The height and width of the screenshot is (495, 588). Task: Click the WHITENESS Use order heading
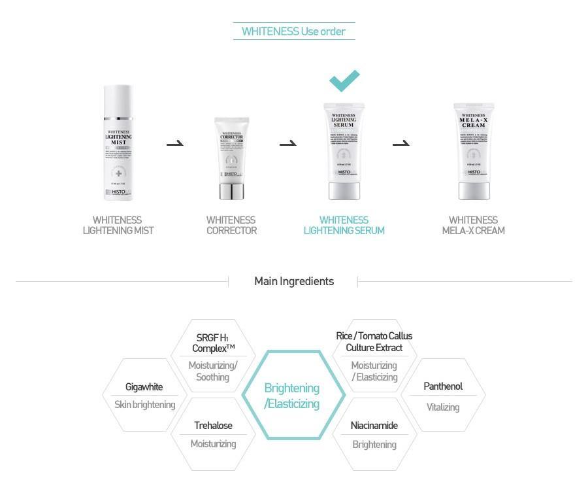[293, 31]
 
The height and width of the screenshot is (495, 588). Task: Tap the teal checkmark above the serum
[344, 80]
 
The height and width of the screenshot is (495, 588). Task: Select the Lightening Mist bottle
[118, 142]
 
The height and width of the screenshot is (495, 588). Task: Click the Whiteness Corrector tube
[231, 158]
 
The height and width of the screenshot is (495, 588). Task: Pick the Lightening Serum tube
[344, 150]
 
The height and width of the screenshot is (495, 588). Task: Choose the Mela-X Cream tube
[474, 150]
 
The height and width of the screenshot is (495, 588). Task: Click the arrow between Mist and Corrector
[174, 143]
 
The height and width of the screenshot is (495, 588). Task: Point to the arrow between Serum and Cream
[400, 143]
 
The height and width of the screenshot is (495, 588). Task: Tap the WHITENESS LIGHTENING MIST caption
[118, 225]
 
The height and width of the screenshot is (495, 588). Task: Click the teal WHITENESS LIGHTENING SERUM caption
[344, 225]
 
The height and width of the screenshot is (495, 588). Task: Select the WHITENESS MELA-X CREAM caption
[473, 225]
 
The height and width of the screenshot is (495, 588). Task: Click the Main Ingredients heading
[293, 281]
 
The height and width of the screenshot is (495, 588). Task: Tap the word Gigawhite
[144, 387]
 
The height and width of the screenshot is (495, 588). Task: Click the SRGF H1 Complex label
[212, 343]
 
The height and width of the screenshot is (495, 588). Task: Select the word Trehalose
[213, 426]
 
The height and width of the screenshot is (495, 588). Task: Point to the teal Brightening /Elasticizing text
[292, 396]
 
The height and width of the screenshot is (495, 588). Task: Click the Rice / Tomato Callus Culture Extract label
[374, 341]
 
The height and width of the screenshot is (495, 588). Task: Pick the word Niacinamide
[374, 426]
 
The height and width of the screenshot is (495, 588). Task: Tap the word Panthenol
[442, 386]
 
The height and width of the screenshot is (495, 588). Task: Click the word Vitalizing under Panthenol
[442, 407]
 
